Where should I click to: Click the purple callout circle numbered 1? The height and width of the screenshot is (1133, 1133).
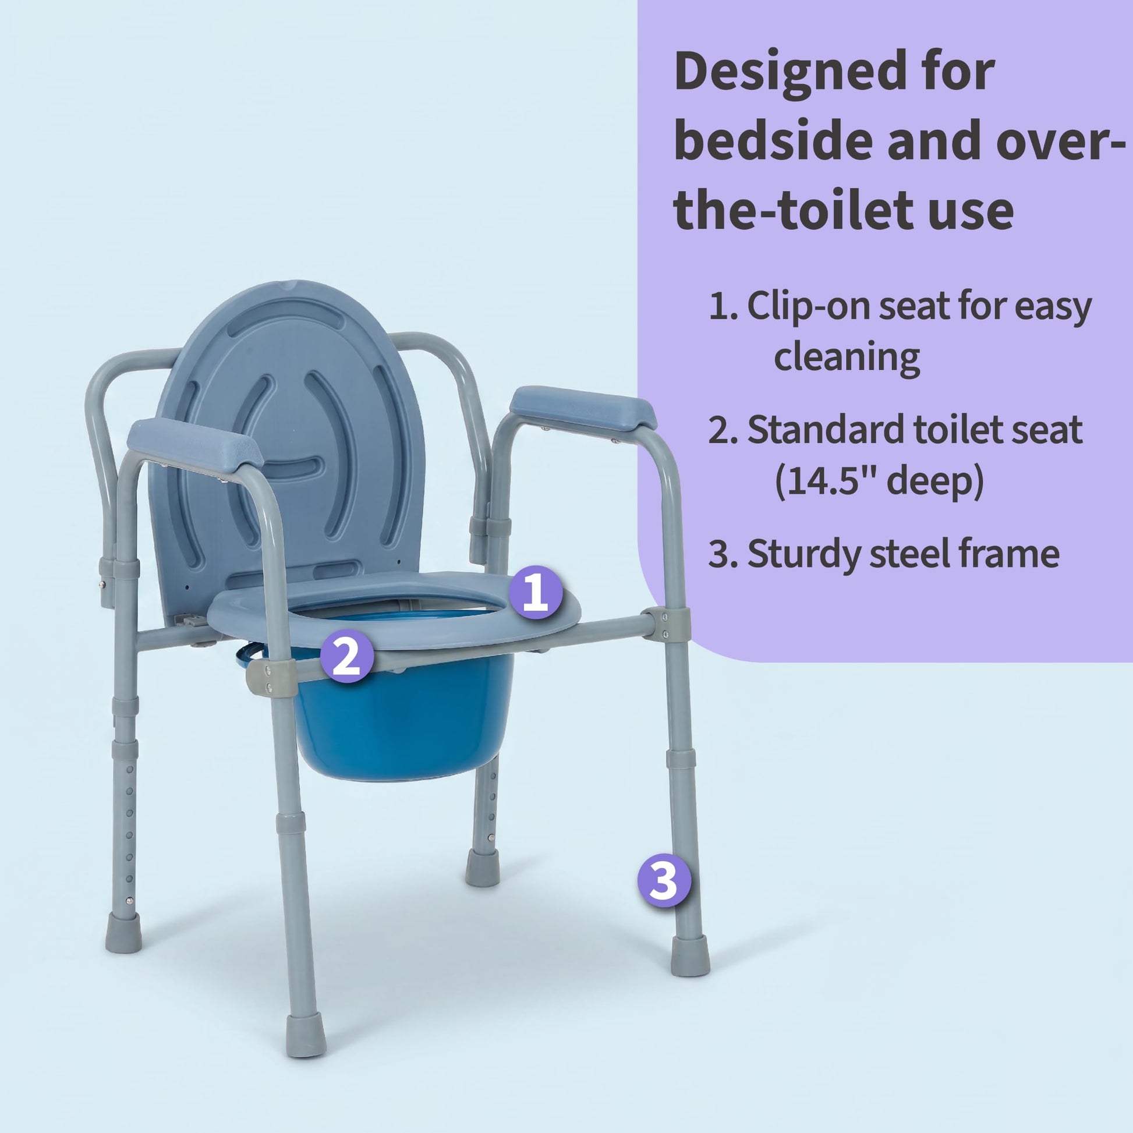(536, 593)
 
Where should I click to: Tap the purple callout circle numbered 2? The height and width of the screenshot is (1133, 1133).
(346, 656)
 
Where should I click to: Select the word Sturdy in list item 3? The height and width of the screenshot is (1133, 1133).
(802, 554)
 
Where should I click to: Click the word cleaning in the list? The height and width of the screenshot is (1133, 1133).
(846, 357)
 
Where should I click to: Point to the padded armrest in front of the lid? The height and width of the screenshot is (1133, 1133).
(194, 442)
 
